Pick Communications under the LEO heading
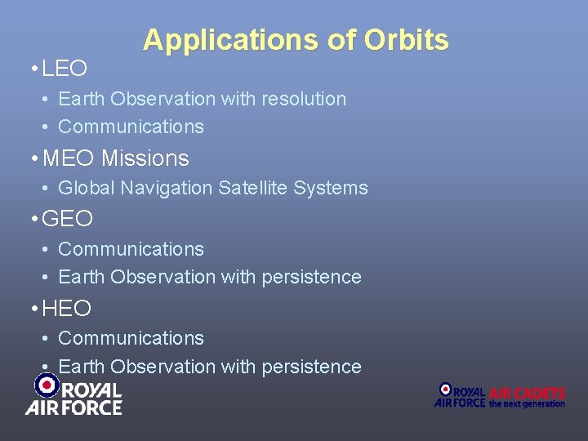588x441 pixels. tap(131, 127)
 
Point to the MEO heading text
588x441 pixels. tap(69, 158)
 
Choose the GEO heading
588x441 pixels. tap(67, 219)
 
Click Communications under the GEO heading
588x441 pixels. tap(131, 249)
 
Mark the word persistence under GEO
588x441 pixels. tap(311, 277)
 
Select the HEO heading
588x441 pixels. tap(67, 309)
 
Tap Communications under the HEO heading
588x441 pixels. tap(131, 338)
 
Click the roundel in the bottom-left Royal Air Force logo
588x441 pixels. tap(47, 384)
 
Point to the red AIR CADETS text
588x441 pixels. tap(527, 393)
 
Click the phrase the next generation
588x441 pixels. tap(527, 403)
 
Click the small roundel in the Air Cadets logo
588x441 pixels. tap(445, 390)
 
